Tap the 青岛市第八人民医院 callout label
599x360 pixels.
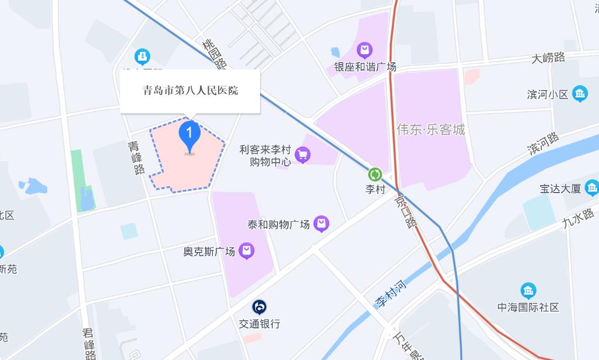(190, 91)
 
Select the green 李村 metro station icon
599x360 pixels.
(375, 174)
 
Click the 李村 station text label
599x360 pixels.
(375, 189)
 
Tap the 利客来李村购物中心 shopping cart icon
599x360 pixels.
(302, 155)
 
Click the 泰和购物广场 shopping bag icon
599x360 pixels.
(321, 223)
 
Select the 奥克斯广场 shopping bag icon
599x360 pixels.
(247, 251)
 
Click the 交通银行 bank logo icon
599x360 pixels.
(260, 307)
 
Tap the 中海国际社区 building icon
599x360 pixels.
(528, 291)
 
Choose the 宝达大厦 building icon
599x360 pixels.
(592, 188)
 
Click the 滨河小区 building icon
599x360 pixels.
(580, 93)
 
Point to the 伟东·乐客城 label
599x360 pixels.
(431, 130)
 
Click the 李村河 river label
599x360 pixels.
(390, 294)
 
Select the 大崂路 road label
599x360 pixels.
(548, 58)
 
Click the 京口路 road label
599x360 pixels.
(406, 211)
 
